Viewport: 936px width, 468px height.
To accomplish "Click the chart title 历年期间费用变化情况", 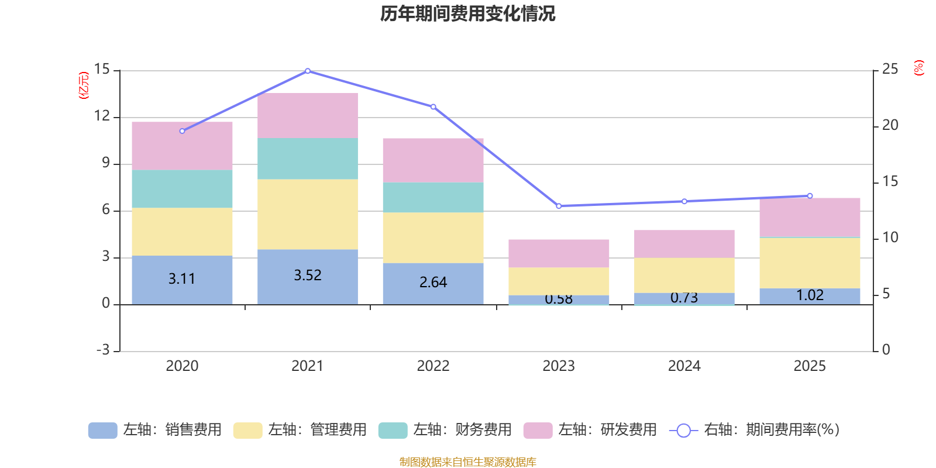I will (467, 13).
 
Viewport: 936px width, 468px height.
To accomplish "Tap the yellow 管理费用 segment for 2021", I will (308, 214).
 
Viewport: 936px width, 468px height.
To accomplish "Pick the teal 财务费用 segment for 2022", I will (433, 197).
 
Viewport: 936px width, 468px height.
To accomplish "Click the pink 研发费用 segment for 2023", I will (559, 253).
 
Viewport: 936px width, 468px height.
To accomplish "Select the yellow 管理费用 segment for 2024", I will (684, 275).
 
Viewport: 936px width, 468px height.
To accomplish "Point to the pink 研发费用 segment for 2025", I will (810, 217).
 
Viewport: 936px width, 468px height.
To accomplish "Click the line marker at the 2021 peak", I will (308, 71).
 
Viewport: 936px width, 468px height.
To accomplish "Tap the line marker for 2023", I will (559, 206).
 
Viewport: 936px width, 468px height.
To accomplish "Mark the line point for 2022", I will (433, 106).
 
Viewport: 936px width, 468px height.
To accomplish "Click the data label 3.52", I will (308, 275).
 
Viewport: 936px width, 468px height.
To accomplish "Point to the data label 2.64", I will (433, 282).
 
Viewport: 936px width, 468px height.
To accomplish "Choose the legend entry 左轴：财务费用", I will (445, 430).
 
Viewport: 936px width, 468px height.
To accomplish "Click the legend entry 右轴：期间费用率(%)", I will (755, 430).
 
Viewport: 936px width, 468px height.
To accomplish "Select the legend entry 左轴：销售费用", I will (155, 430).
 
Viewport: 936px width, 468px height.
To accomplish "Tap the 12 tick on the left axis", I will (102, 116).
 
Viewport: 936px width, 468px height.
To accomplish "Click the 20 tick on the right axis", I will (890, 125).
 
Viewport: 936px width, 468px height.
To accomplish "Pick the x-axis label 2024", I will (684, 366).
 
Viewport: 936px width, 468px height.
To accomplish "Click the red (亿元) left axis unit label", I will (84, 85).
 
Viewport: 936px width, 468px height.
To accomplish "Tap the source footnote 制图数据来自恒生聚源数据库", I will (467, 462).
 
